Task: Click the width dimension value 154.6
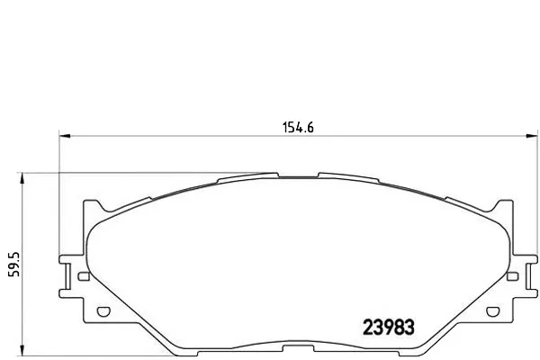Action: [x=298, y=128]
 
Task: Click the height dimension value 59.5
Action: [x=14, y=265]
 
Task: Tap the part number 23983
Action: [x=389, y=327]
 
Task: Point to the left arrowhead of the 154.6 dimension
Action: [x=65, y=136]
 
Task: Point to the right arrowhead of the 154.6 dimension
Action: [x=532, y=136]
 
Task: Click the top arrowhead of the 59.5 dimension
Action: [x=22, y=178]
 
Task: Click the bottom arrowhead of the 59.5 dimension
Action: [x=22, y=350]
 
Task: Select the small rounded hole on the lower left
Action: [x=103, y=311]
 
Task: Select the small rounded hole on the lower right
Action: [x=493, y=311]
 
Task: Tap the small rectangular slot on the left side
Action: [x=84, y=276]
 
